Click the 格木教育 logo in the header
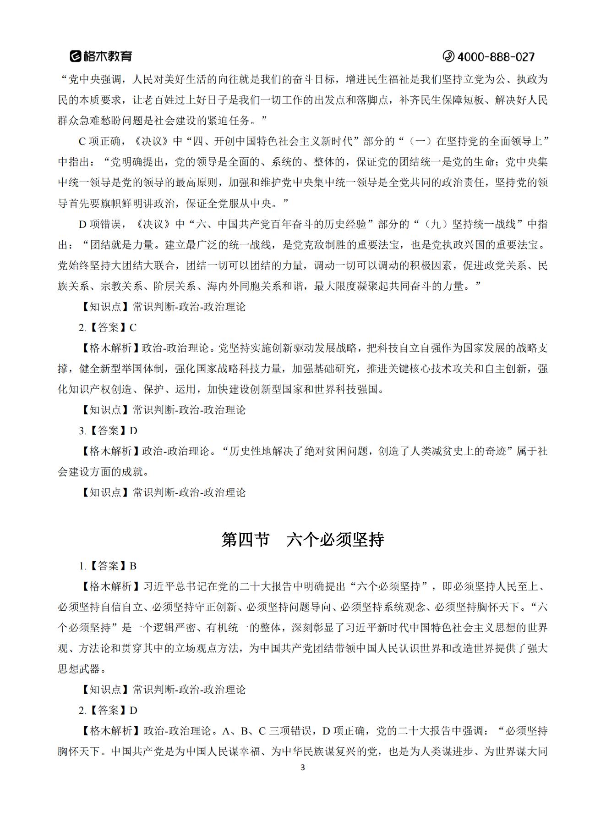[x=101, y=56]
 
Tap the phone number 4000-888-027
[x=496, y=57]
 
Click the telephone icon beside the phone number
[x=448, y=56]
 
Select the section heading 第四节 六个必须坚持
[x=303, y=540]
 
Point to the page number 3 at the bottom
[x=302, y=768]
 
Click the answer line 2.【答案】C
[x=108, y=327]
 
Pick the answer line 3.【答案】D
[x=108, y=431]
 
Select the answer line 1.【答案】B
[x=108, y=566]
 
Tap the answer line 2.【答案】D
[x=108, y=710]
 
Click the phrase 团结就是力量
[x=121, y=245]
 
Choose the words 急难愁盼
[x=101, y=121]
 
